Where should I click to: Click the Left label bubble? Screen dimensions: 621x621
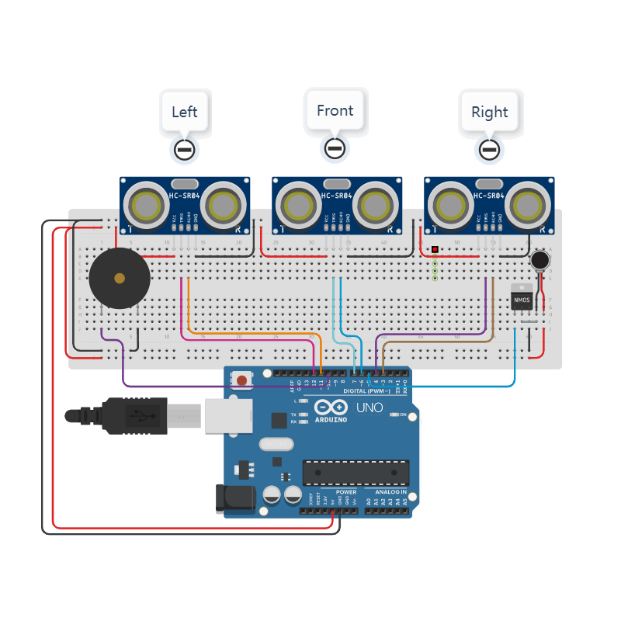tap(184, 112)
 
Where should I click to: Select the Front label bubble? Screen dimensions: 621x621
tap(335, 110)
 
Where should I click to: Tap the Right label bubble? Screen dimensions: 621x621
tap(489, 112)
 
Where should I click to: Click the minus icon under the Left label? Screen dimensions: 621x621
tap(184, 149)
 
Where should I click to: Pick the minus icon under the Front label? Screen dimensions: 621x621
tap(335, 147)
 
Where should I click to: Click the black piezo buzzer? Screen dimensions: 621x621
tap(119, 278)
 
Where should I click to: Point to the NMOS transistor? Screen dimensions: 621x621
tap(521, 298)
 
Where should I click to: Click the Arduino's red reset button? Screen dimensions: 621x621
tap(242, 380)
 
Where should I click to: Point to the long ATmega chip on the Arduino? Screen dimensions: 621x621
tap(356, 471)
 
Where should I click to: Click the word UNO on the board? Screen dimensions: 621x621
tap(369, 408)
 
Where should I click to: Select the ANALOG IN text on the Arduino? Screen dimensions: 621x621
tap(391, 491)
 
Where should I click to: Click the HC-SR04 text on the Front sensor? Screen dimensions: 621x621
tap(336, 197)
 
